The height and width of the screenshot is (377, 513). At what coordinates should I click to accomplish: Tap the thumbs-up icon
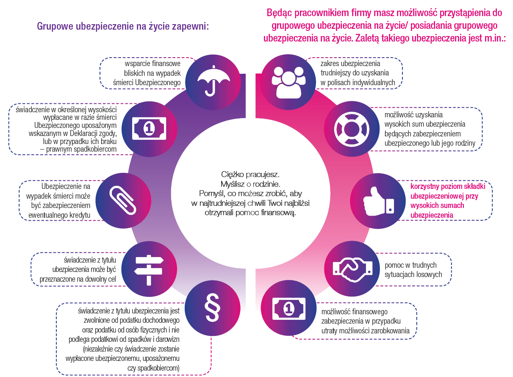click(x=378, y=199)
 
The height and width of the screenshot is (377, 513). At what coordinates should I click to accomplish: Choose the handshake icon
click(x=353, y=268)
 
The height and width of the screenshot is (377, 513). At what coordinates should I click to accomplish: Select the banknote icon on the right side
click(x=288, y=308)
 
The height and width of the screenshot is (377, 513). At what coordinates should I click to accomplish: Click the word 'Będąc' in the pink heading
click(x=280, y=12)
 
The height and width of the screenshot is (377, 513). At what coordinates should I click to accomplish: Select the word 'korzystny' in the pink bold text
click(x=425, y=186)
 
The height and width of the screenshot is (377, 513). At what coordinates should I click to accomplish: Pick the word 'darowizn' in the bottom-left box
click(x=166, y=340)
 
